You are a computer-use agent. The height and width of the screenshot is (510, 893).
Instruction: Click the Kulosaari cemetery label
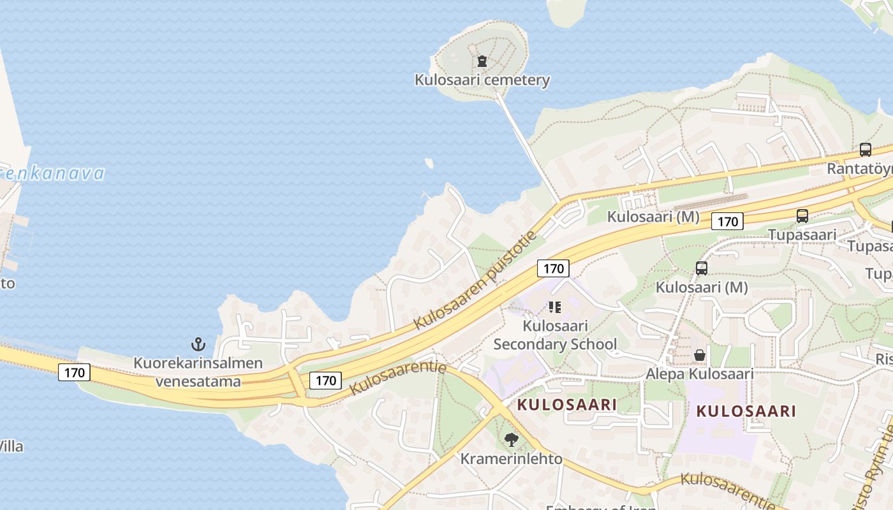(482, 80)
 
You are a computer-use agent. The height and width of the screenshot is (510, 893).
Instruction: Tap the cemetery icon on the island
(482, 61)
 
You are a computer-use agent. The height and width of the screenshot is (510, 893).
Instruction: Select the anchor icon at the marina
(198, 345)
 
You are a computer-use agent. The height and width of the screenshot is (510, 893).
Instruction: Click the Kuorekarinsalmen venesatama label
(198, 372)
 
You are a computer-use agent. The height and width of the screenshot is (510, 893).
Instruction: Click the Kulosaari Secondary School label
(555, 335)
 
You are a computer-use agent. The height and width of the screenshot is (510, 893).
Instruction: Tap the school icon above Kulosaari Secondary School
(555, 308)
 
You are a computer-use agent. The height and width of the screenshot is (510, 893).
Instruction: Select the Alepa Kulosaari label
(700, 374)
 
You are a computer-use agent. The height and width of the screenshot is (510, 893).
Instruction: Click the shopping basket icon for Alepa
(700, 354)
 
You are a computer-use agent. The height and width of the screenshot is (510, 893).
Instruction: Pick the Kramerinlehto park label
(512, 458)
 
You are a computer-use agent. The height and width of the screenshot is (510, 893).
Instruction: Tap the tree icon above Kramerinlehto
(511, 439)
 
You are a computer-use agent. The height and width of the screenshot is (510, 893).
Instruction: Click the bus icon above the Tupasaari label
(802, 216)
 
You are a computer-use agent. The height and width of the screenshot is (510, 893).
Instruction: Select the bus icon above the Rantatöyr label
(865, 150)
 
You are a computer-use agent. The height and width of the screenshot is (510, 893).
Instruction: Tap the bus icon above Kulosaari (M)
(702, 268)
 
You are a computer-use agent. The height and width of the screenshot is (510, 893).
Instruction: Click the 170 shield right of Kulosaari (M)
(727, 222)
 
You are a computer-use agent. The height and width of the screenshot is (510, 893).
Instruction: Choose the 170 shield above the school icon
(553, 268)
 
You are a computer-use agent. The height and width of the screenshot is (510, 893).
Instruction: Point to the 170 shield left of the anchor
(75, 372)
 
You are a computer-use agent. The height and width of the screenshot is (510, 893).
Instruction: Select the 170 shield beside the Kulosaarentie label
(325, 381)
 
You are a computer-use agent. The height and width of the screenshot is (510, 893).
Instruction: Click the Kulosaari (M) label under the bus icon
(702, 288)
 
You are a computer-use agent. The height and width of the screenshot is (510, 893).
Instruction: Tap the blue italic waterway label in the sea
(51, 173)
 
